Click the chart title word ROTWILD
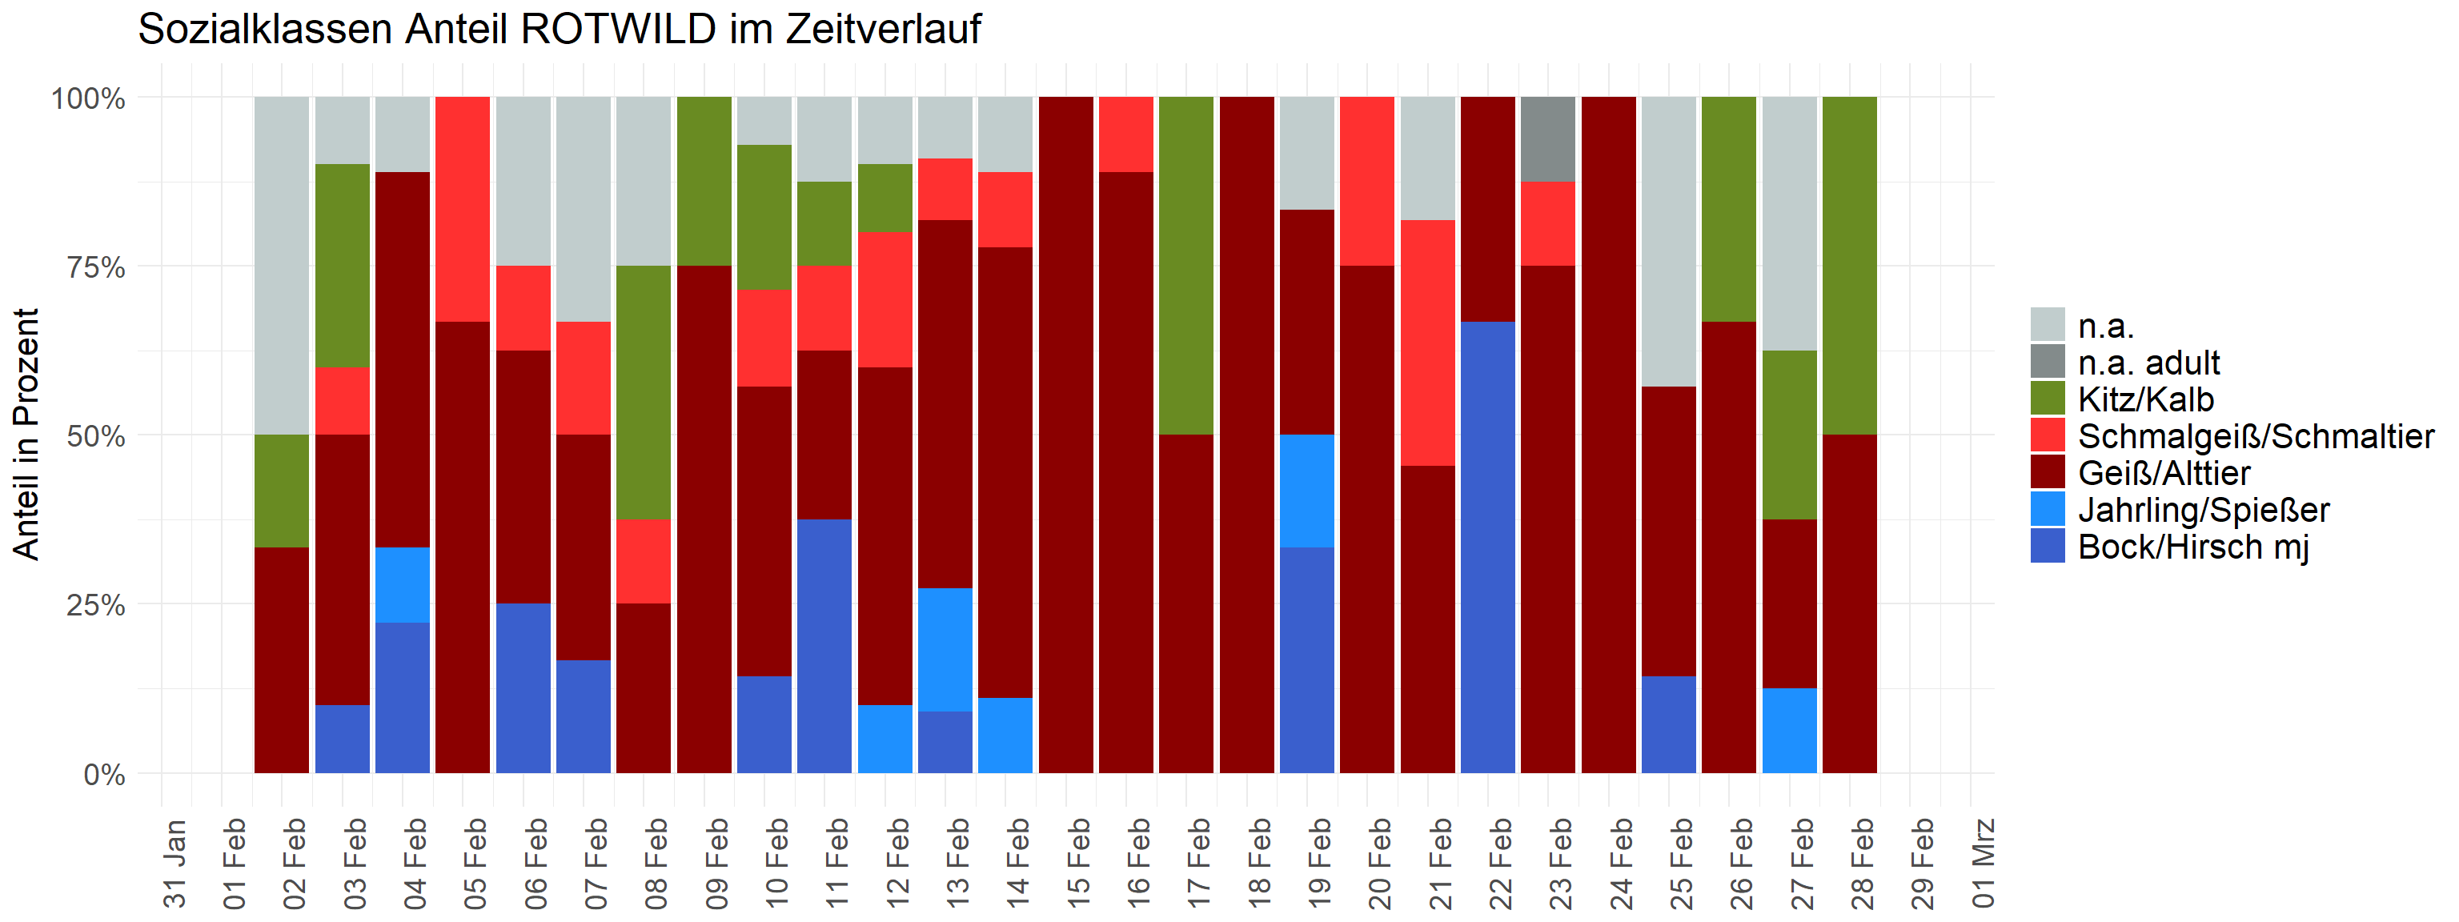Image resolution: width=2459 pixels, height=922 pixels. (618, 30)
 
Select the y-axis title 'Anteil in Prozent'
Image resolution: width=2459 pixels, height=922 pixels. (26, 435)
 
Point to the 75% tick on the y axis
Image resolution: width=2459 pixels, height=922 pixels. (95, 267)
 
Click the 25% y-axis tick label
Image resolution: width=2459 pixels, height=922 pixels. (95, 605)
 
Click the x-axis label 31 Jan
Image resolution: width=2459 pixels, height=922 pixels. (174, 863)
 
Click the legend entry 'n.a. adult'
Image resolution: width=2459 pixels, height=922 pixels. (2148, 363)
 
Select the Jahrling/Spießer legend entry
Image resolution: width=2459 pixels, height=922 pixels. (2203, 510)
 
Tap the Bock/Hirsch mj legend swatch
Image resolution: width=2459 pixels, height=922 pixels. (2048, 547)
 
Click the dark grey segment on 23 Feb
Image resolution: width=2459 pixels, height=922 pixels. (1547, 139)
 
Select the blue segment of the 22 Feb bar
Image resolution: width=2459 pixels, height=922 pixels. (1487, 547)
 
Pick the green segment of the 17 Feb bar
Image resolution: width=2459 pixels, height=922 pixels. (1186, 266)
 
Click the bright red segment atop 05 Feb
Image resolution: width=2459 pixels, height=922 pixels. (463, 209)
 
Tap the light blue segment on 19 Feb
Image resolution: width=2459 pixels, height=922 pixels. (1307, 491)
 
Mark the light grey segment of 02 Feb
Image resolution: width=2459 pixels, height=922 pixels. (282, 266)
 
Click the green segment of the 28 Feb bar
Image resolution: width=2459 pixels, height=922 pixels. (1849, 266)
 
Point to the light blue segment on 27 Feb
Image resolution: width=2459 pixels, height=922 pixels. (1789, 730)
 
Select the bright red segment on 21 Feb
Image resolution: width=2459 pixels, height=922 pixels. (1427, 343)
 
